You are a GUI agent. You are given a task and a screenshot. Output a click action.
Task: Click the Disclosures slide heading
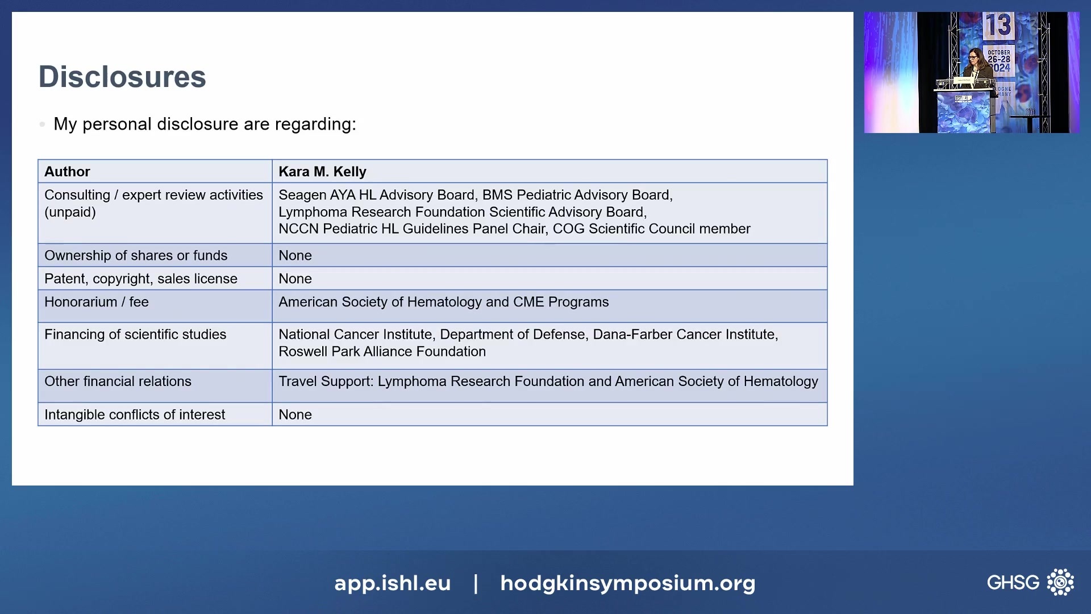122,77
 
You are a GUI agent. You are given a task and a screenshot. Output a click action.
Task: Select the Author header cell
67,172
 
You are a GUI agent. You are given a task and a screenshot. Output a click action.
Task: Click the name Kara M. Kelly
322,172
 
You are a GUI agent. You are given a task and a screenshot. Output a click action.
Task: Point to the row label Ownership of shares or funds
136,256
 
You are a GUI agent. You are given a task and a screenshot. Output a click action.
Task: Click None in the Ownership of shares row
295,256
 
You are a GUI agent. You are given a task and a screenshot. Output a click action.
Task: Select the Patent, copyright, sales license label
141,279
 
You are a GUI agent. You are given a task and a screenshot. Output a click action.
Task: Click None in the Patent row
295,279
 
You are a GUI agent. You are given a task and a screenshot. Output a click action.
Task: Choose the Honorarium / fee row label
97,302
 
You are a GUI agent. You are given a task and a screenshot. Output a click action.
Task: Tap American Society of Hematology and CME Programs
443,302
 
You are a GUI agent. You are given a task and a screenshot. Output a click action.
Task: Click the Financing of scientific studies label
135,335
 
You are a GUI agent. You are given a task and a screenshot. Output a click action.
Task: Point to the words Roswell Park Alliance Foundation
382,352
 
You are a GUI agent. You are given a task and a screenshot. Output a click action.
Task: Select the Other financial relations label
118,381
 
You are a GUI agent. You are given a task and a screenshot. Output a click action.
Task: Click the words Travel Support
326,381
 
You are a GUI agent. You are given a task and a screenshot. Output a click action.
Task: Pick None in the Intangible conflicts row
295,415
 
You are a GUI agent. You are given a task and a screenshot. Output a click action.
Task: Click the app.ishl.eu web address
392,583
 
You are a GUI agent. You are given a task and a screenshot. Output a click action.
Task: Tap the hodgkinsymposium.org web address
627,583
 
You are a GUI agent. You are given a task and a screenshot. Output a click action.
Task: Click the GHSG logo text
1013,583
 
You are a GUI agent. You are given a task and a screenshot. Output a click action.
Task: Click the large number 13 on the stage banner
998,26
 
